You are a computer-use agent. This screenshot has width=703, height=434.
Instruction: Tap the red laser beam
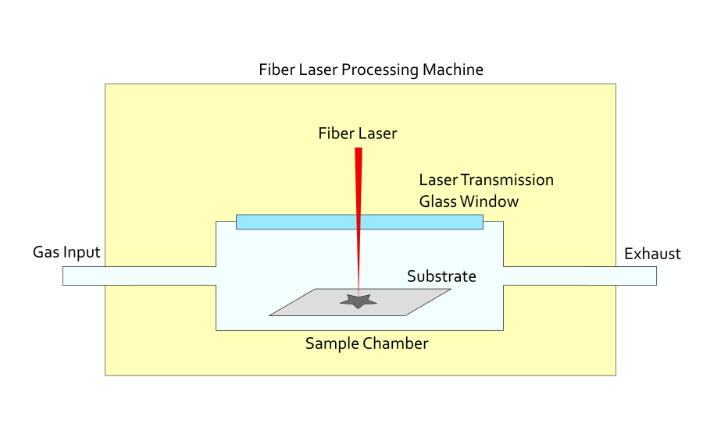359,203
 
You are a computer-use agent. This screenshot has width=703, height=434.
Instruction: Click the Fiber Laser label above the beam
357,133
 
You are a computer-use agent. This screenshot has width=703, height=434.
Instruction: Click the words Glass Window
469,201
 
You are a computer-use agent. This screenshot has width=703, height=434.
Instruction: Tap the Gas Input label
66,252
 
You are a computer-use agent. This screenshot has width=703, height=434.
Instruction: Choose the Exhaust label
652,254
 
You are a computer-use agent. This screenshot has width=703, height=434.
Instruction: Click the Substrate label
441,276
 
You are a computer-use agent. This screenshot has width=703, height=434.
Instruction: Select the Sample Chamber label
366,343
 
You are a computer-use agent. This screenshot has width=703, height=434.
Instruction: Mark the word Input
83,253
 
